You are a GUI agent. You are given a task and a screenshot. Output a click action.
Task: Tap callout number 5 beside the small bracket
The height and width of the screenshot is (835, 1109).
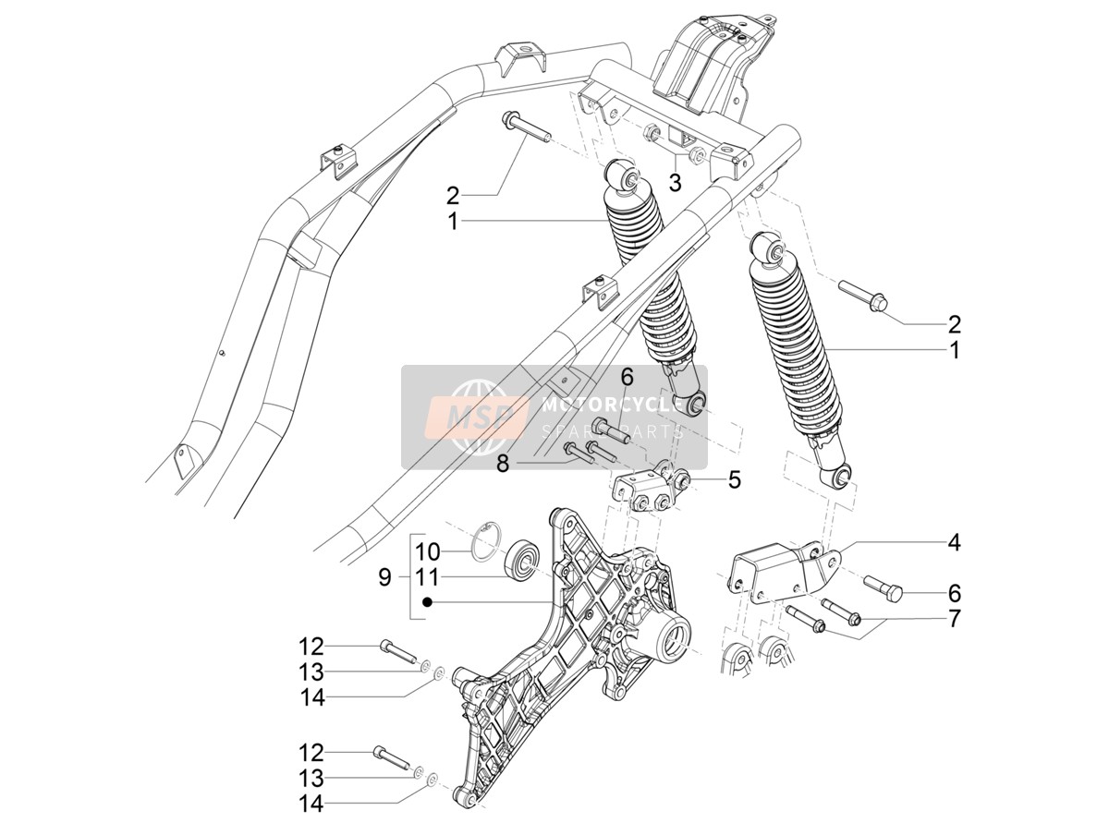734,479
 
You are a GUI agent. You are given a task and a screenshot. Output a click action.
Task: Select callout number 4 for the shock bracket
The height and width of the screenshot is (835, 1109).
954,543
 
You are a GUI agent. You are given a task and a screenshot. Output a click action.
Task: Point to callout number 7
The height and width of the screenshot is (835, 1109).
954,620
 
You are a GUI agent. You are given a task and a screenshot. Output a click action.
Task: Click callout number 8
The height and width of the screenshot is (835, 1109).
502,464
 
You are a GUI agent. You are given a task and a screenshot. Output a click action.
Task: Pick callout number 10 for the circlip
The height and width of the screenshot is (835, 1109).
428,552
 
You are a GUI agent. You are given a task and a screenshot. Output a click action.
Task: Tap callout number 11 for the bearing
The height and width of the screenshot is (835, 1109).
428,577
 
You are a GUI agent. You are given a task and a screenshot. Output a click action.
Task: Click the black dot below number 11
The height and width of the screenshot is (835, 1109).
428,602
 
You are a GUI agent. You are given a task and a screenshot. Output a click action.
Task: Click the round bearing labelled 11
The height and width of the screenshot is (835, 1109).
523,563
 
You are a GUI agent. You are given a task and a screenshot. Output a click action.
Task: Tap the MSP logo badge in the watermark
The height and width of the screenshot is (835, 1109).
477,417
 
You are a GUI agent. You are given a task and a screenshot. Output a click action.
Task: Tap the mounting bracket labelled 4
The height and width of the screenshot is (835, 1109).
778,572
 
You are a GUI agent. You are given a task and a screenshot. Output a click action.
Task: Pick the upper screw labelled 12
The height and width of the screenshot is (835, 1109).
397,651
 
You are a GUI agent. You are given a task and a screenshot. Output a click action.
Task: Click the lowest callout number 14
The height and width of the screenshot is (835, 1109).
311,805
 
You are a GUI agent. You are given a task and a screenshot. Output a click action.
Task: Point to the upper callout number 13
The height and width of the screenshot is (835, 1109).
311,672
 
